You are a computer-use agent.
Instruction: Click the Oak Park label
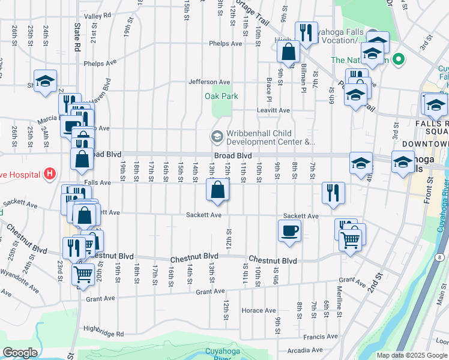(x=221, y=96)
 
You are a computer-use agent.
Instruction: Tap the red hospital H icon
(x=50, y=174)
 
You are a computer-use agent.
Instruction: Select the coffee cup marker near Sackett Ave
(x=289, y=230)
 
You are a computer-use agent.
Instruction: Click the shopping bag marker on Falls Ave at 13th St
(x=218, y=191)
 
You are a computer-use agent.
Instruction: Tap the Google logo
(x=20, y=353)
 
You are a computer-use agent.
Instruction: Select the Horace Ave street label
(x=259, y=310)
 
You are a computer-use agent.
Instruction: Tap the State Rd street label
(x=77, y=37)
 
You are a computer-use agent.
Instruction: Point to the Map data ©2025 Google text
(x=412, y=355)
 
